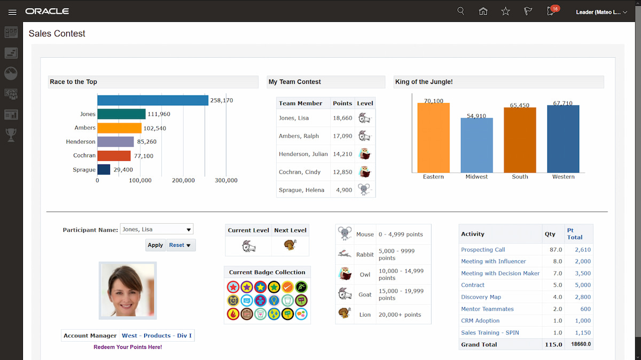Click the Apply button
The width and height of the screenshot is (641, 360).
[155, 245]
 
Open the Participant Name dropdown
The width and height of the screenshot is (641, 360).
[157, 230]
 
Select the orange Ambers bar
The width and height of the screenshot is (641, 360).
[119, 128]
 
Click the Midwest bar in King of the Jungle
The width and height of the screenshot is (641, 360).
[476, 145]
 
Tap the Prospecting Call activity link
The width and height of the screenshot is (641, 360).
[483, 249]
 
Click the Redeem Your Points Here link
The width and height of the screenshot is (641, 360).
[128, 347]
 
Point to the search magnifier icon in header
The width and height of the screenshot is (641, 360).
[461, 11]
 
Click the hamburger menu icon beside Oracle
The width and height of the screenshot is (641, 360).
[12, 12]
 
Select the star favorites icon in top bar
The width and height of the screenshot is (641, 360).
[505, 11]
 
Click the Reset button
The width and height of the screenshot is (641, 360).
[181, 245]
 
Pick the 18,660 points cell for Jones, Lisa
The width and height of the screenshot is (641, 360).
[342, 118]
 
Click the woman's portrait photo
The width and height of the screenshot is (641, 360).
[128, 291]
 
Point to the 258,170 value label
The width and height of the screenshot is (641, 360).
[221, 100]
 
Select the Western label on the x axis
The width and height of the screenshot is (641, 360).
[563, 177]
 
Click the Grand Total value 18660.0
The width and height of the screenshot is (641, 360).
[580, 345]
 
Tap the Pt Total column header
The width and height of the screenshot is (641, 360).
[575, 234]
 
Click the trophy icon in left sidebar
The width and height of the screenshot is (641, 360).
[11, 135]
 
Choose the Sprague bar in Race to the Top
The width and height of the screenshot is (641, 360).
[104, 170]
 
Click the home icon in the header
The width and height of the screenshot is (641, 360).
[483, 11]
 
